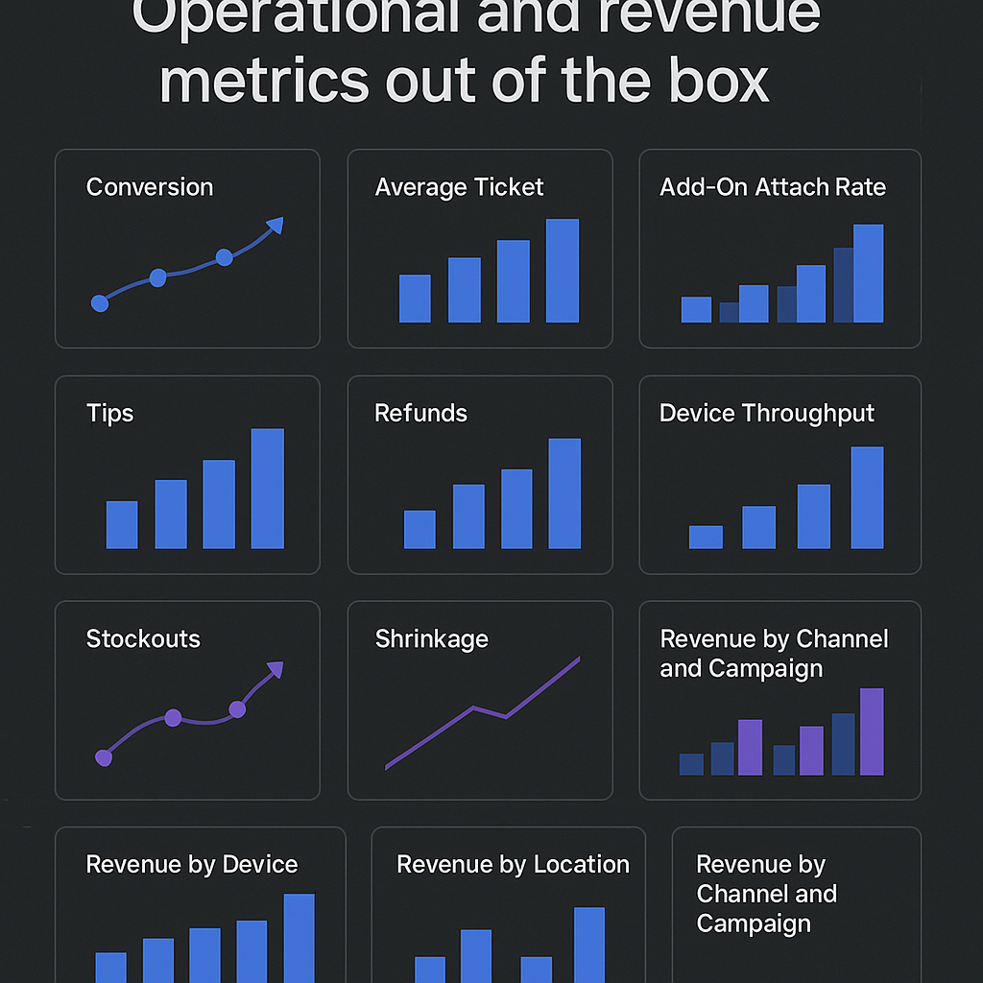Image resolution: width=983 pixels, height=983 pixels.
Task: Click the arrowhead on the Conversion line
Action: point(276,226)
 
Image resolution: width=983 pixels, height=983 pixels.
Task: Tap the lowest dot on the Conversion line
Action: point(99,303)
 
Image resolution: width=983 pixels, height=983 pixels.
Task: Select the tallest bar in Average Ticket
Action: point(563,271)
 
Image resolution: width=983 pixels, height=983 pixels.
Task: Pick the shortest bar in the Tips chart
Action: point(122,524)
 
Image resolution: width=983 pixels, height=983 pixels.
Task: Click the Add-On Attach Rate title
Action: point(773,187)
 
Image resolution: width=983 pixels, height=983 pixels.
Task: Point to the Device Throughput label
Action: point(767,414)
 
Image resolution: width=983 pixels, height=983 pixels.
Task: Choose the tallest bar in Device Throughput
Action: point(867,497)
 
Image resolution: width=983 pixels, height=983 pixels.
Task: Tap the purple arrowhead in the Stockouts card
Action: point(275,670)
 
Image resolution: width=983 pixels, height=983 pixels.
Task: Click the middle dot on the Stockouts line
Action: point(173,717)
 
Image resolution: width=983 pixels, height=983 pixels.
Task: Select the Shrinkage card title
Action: point(431,639)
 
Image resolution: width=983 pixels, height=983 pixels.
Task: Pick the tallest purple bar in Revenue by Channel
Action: point(872,731)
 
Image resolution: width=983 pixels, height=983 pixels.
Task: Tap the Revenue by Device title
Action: point(192,865)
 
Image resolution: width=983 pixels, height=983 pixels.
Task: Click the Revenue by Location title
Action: point(513,865)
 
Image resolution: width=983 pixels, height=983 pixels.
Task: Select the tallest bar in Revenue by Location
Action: point(589,945)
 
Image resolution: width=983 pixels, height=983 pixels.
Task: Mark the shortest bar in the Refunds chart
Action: point(420,529)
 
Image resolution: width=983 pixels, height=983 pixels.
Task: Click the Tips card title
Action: point(109,414)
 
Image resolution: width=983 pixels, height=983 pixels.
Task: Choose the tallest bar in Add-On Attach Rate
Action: point(868,274)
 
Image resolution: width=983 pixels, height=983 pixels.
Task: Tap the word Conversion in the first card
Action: point(150,187)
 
